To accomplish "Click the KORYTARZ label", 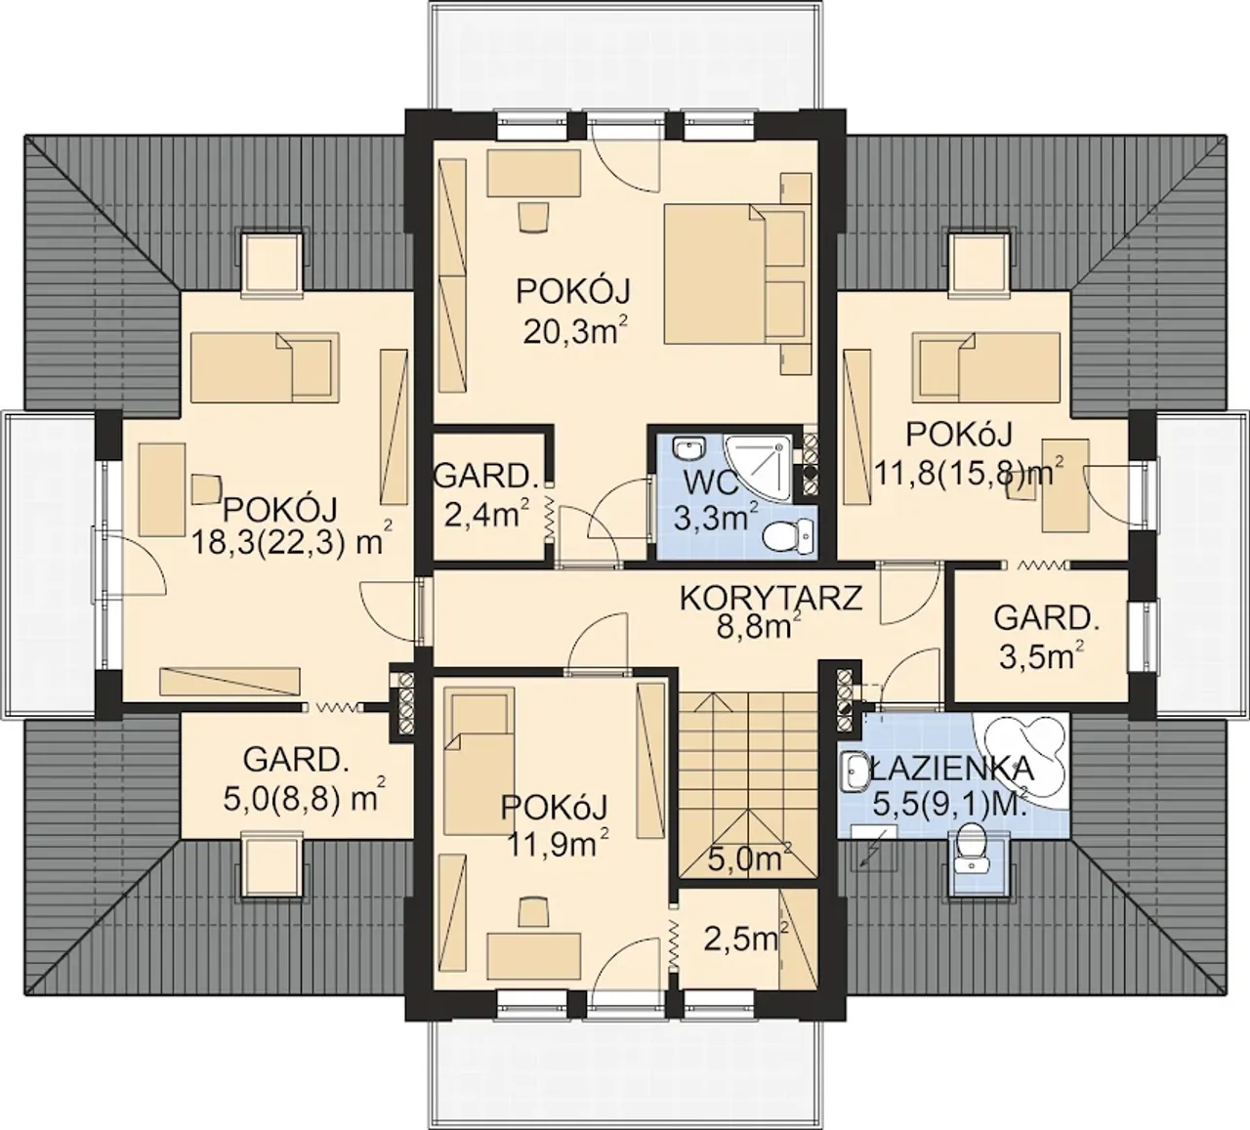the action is pyautogui.click(x=771, y=598).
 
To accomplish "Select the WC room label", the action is pyautogui.click(x=711, y=483).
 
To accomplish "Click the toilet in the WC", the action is pyautogui.click(x=789, y=536).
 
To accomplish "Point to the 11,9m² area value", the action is pyautogui.click(x=559, y=846).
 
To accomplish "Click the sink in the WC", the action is pyautogui.click(x=688, y=447).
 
